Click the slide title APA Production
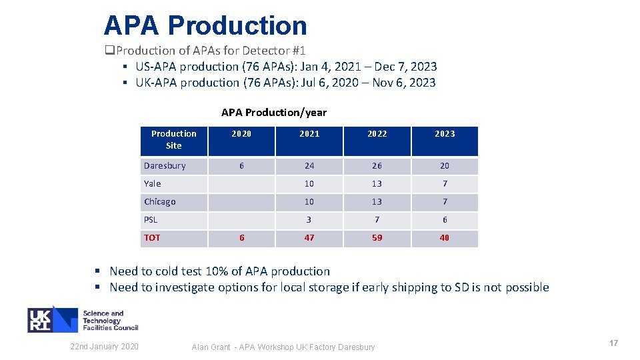pos(205,25)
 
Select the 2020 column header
pos(241,134)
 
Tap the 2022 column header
pos(377,134)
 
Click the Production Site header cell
pos(174,139)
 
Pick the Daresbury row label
pos(165,165)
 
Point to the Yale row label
pos(153,183)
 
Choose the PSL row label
pos(151,219)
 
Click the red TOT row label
pos(152,237)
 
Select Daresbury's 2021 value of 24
pos(309,165)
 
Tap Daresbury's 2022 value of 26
pos(377,165)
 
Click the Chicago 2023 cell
pos(445,201)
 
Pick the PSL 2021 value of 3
pos(309,219)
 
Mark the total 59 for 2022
pos(377,237)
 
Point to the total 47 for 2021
pos(309,237)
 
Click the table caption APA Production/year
pos(274,112)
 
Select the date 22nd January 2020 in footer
pos(105,346)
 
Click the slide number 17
pos(613,343)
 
